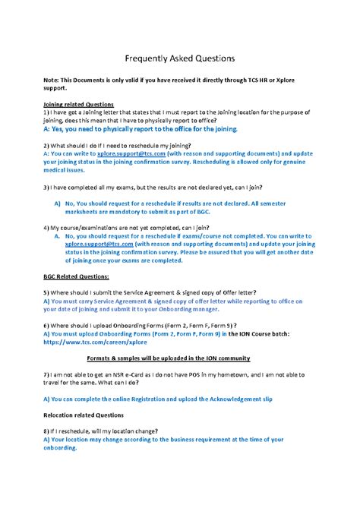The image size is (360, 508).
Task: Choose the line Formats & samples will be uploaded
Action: click(179, 358)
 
